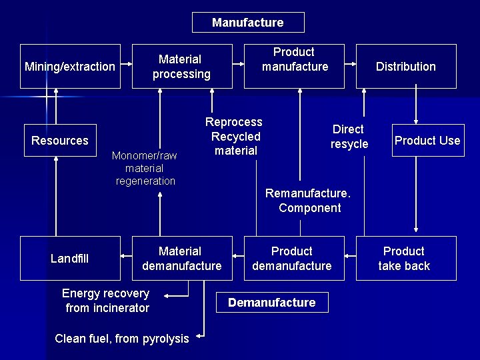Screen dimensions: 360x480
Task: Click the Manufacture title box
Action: [x=248, y=23]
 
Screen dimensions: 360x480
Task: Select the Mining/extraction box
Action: [x=70, y=67]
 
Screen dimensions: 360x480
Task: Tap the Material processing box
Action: [x=181, y=67]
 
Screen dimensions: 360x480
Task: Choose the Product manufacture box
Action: [x=294, y=66]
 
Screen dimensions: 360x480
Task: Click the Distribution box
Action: [x=405, y=67]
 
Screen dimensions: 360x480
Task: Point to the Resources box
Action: [x=60, y=141]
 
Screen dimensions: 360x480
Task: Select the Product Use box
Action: [x=427, y=141]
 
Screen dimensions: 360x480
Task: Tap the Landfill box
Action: [x=70, y=258]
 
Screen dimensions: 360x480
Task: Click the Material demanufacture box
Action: [x=181, y=258]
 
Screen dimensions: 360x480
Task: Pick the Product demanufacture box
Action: [x=292, y=258]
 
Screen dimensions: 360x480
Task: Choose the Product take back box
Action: [x=405, y=258]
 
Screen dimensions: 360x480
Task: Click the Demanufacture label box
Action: [x=271, y=303]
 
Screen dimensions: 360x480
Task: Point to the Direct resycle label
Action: [x=349, y=137]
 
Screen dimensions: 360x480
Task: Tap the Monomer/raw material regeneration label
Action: [x=145, y=168]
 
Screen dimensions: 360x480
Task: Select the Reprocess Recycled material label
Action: [x=234, y=136]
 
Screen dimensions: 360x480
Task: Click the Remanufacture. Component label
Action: [x=309, y=201]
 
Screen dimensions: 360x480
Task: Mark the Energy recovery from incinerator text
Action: [x=107, y=301]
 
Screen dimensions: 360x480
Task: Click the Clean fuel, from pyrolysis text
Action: [x=122, y=339]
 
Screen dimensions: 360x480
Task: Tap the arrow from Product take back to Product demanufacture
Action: [x=350, y=255]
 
